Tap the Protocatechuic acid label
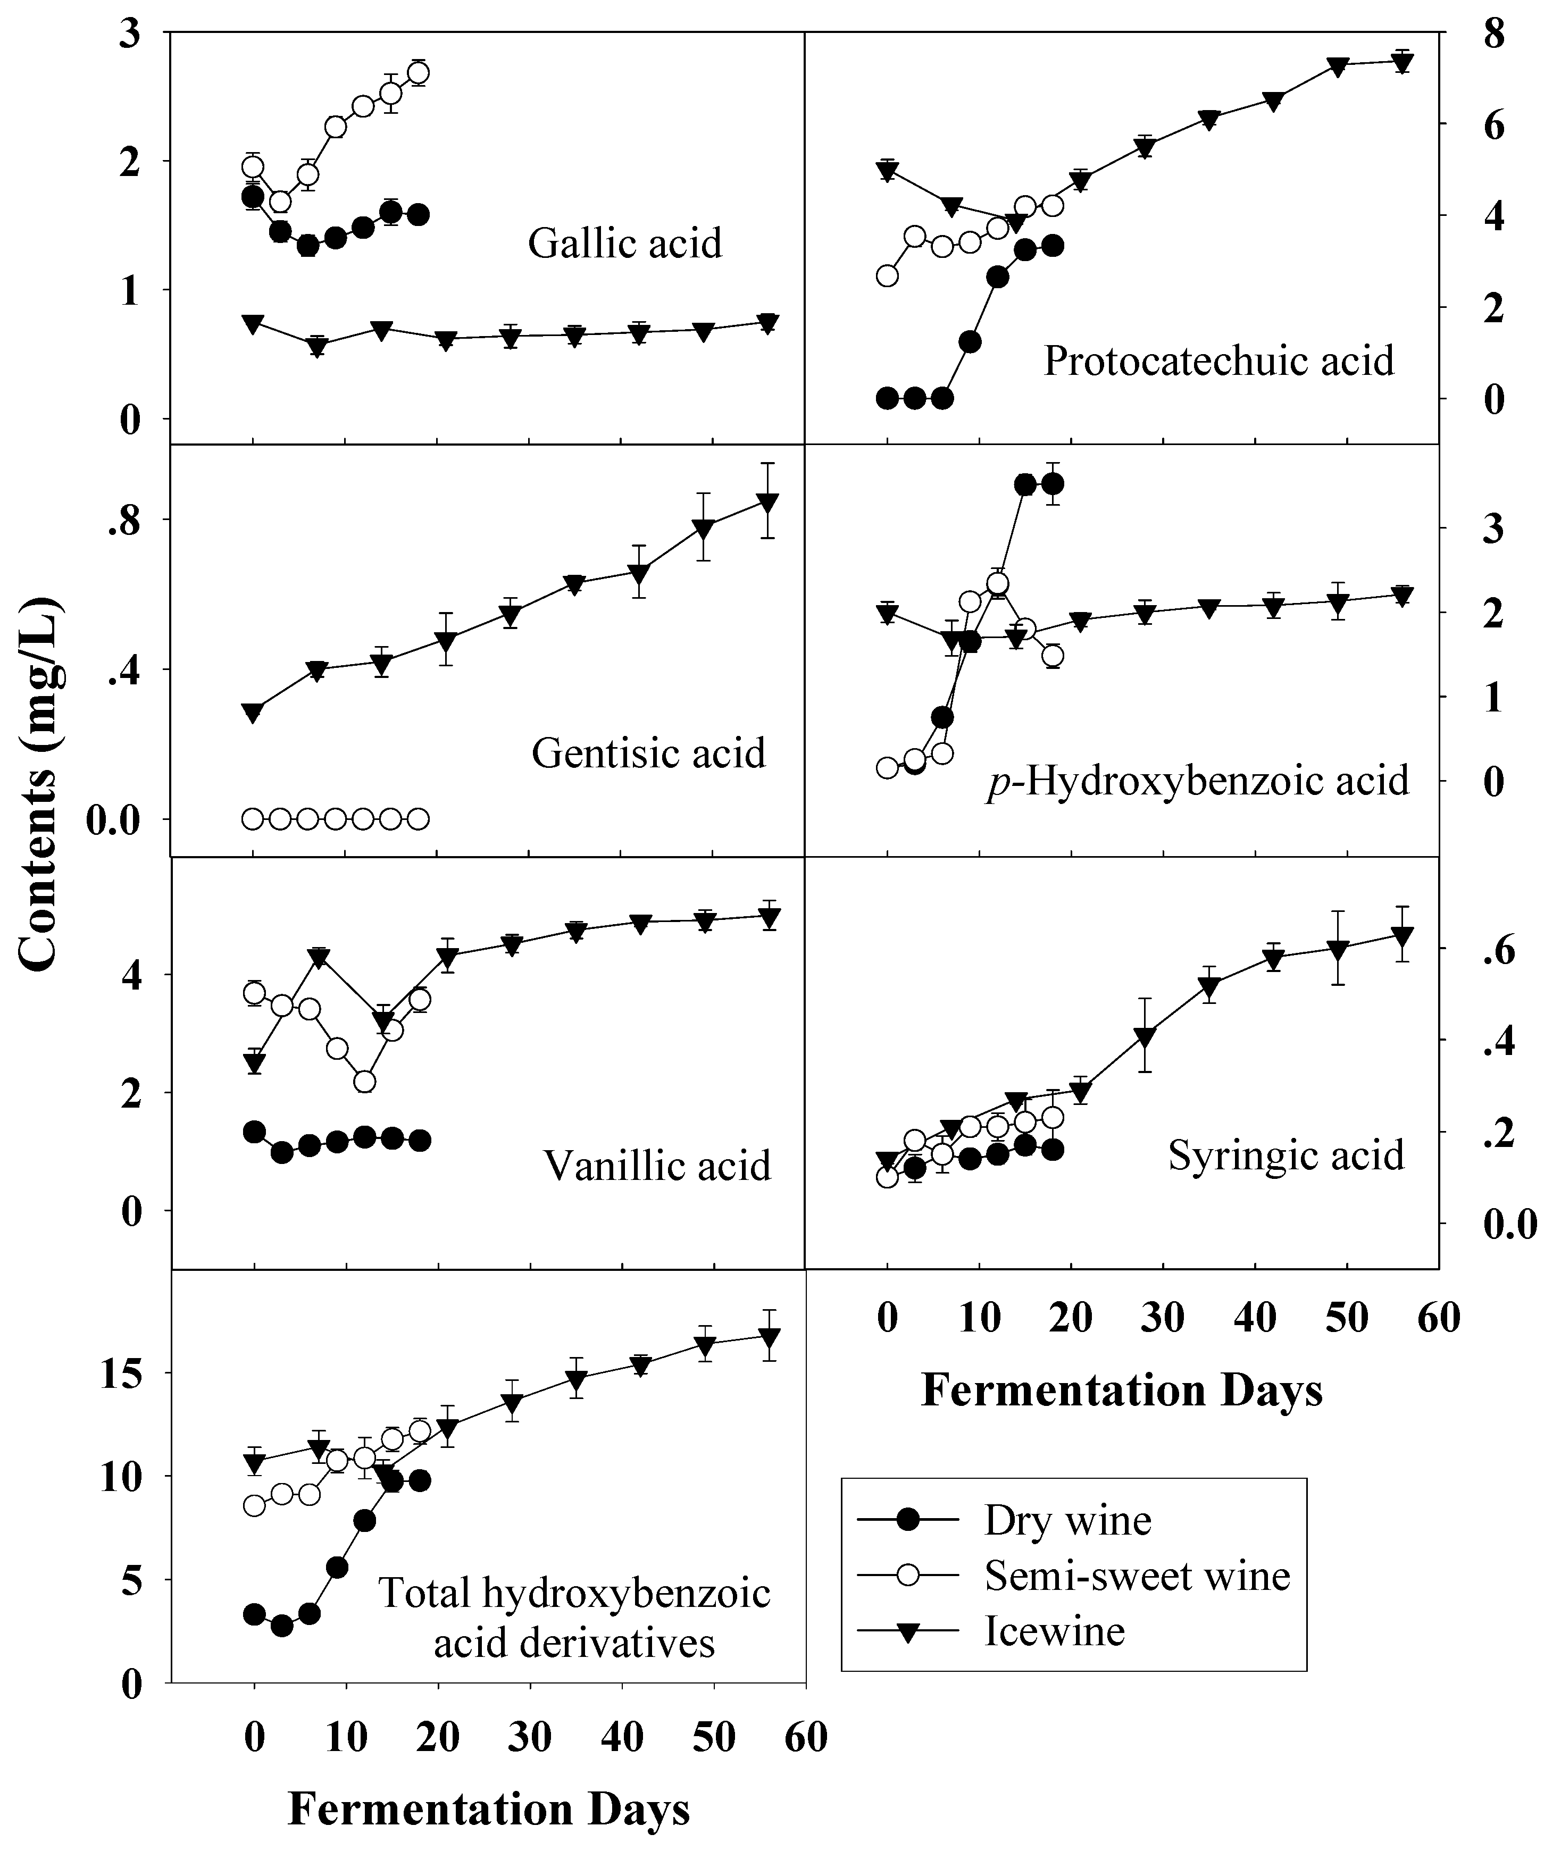coord(1218,361)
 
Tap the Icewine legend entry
coord(1054,1631)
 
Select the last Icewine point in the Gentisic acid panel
coord(768,501)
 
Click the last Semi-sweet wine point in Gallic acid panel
coord(420,72)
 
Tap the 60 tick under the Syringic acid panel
coord(1439,1318)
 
